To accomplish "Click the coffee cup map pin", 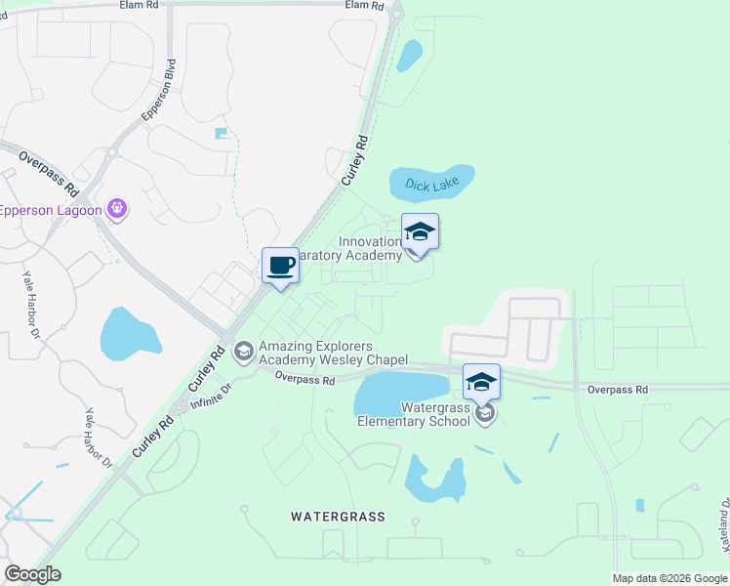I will click(x=281, y=266).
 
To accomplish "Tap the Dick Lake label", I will click(x=431, y=184).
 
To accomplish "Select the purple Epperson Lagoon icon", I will click(x=118, y=207).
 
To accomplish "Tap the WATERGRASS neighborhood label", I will click(x=338, y=516).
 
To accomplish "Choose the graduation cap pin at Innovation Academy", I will click(x=421, y=232).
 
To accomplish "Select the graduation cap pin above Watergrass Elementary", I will click(x=481, y=382).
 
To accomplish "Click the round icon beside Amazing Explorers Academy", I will click(x=244, y=350).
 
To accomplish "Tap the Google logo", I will click(x=32, y=574).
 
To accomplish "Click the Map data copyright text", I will click(x=669, y=578).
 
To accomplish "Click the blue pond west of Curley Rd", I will click(x=129, y=333).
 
